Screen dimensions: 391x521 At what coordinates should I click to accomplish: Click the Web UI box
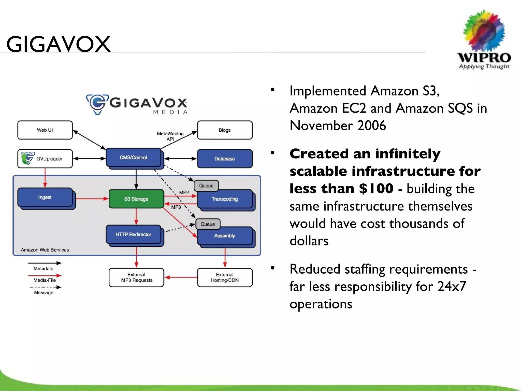(x=45, y=130)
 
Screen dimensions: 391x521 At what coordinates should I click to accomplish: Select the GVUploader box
(x=45, y=159)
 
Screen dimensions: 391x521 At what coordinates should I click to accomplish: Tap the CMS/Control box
(x=133, y=158)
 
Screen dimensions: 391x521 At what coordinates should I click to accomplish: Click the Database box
(x=225, y=159)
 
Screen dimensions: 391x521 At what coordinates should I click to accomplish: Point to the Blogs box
(x=225, y=130)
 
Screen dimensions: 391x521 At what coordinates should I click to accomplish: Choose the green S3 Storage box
(x=136, y=199)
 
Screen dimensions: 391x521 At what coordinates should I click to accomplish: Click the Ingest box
(x=45, y=197)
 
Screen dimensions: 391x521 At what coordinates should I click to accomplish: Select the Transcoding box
(x=225, y=199)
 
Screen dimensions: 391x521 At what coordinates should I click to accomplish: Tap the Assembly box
(x=225, y=236)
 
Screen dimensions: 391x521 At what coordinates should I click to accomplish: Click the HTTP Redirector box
(x=133, y=234)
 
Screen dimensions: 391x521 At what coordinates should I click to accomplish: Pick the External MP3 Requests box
(x=136, y=277)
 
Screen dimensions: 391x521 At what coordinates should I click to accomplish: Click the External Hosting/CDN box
(x=225, y=277)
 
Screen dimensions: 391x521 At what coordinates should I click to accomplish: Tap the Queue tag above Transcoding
(x=206, y=186)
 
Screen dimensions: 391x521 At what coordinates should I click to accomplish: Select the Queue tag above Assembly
(x=208, y=224)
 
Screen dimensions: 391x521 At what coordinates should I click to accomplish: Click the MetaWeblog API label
(x=170, y=136)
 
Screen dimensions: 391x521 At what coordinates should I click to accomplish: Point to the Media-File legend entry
(x=45, y=280)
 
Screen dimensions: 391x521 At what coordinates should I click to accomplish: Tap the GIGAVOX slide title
(x=59, y=44)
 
